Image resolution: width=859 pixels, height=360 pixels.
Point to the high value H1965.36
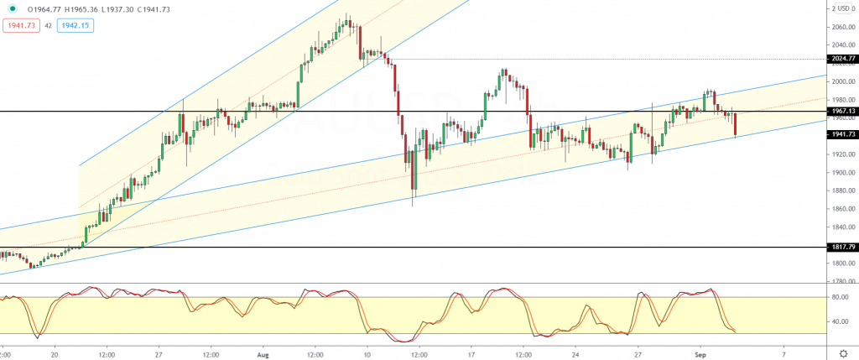[x=89, y=8]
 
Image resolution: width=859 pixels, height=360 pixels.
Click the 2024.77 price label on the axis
[x=840, y=59]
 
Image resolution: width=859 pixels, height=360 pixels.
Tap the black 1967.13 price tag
[x=840, y=112]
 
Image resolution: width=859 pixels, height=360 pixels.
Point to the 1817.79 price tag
[x=840, y=248]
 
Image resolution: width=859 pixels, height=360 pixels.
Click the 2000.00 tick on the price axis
[x=840, y=82]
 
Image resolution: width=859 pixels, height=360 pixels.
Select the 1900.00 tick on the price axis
[x=840, y=173]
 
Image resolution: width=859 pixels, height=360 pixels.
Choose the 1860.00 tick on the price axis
[x=840, y=209]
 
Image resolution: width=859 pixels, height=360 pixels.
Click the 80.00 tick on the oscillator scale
[x=838, y=296]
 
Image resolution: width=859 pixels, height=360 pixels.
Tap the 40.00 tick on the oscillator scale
[x=838, y=321]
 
